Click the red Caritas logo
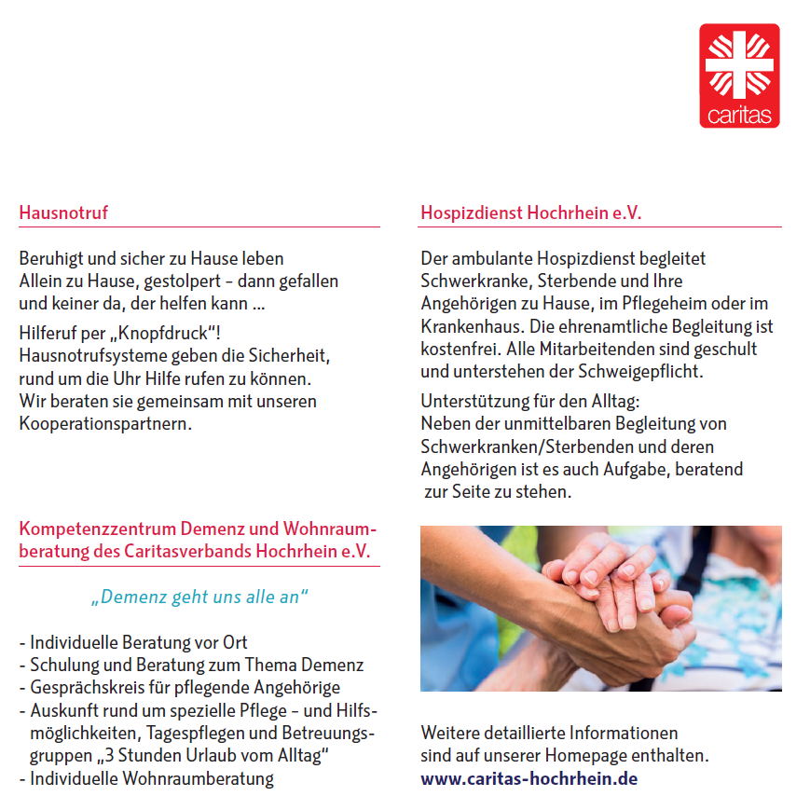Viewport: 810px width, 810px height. (x=739, y=76)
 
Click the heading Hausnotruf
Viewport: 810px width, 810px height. (x=63, y=213)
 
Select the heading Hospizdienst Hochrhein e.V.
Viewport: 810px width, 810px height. (x=530, y=213)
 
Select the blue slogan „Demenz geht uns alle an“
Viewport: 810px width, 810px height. (x=199, y=597)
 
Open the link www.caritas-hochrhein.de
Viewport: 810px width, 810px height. (x=529, y=778)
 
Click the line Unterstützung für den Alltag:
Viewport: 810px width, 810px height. (x=529, y=402)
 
